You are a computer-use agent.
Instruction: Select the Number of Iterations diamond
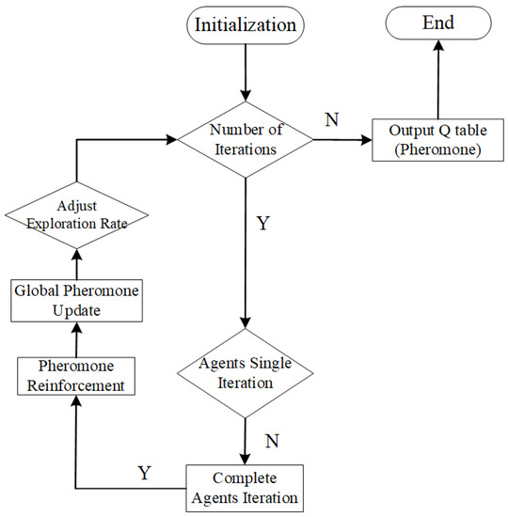tap(246, 140)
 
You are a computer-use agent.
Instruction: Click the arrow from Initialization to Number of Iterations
tap(246, 70)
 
